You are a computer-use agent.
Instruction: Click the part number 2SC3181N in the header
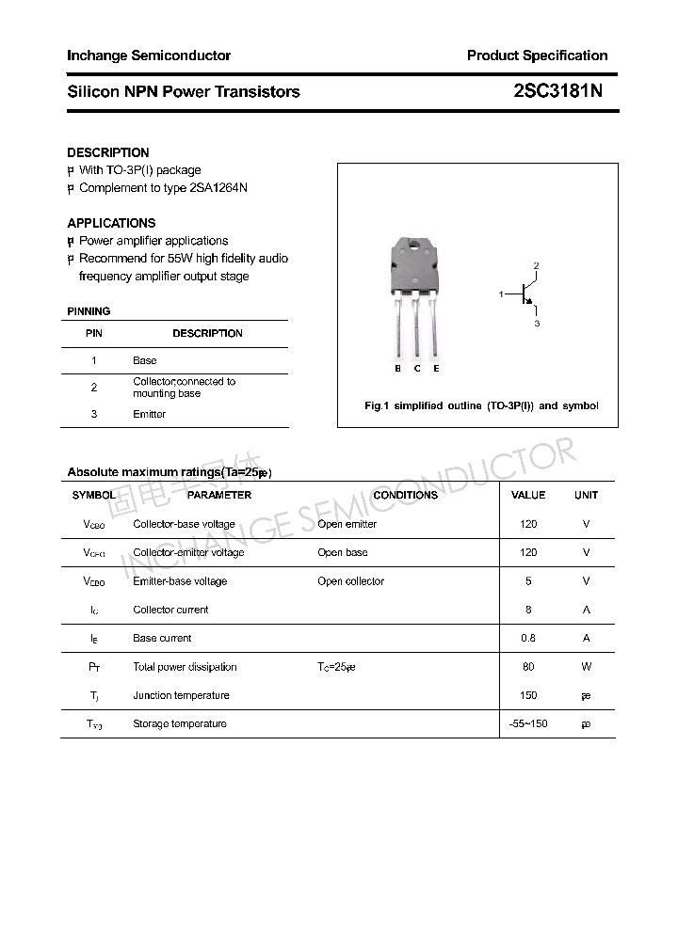point(557,91)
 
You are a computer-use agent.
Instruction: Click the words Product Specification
point(537,56)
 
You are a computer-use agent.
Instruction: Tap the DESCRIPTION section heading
point(107,152)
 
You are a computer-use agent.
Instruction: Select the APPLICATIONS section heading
point(111,223)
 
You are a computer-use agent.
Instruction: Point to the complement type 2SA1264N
point(212,188)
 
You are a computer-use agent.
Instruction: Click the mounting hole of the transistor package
point(415,248)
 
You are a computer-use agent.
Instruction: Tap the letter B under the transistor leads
point(398,369)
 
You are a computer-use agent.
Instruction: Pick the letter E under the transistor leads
point(436,369)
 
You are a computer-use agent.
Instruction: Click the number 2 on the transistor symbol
point(536,266)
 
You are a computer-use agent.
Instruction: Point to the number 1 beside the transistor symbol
point(502,295)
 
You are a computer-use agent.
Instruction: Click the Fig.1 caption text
point(480,406)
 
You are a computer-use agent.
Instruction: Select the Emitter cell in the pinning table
point(149,414)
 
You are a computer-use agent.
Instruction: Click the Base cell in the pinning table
point(144,360)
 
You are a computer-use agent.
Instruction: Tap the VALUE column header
point(527,495)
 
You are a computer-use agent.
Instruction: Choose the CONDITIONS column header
point(405,495)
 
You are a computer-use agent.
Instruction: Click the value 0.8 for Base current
point(527,638)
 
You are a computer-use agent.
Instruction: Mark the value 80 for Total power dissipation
point(527,667)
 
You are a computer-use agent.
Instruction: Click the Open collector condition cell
point(350,581)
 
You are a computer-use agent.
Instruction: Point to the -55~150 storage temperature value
point(527,723)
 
